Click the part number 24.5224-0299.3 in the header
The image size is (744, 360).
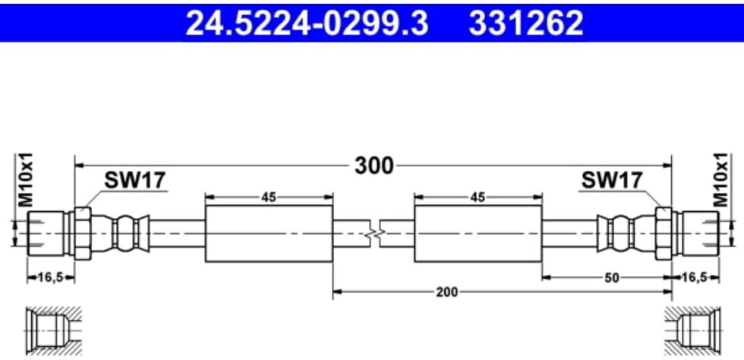click(x=307, y=24)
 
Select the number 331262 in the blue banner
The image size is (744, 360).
click(x=526, y=24)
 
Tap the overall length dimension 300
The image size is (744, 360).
click(x=374, y=165)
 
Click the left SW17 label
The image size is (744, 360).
click(x=134, y=180)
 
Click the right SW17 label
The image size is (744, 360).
click(x=611, y=180)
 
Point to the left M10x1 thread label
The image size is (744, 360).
click(x=25, y=180)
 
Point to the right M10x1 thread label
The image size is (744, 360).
click(x=720, y=180)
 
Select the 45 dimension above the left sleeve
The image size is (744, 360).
click(x=268, y=197)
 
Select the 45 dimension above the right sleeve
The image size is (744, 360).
click(x=478, y=197)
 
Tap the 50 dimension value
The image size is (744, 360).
click(x=610, y=278)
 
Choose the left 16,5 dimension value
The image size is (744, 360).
click(x=50, y=278)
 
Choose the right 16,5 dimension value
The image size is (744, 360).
click(x=695, y=278)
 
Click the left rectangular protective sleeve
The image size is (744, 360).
click(x=269, y=232)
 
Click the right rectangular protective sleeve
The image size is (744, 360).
click(x=478, y=232)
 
